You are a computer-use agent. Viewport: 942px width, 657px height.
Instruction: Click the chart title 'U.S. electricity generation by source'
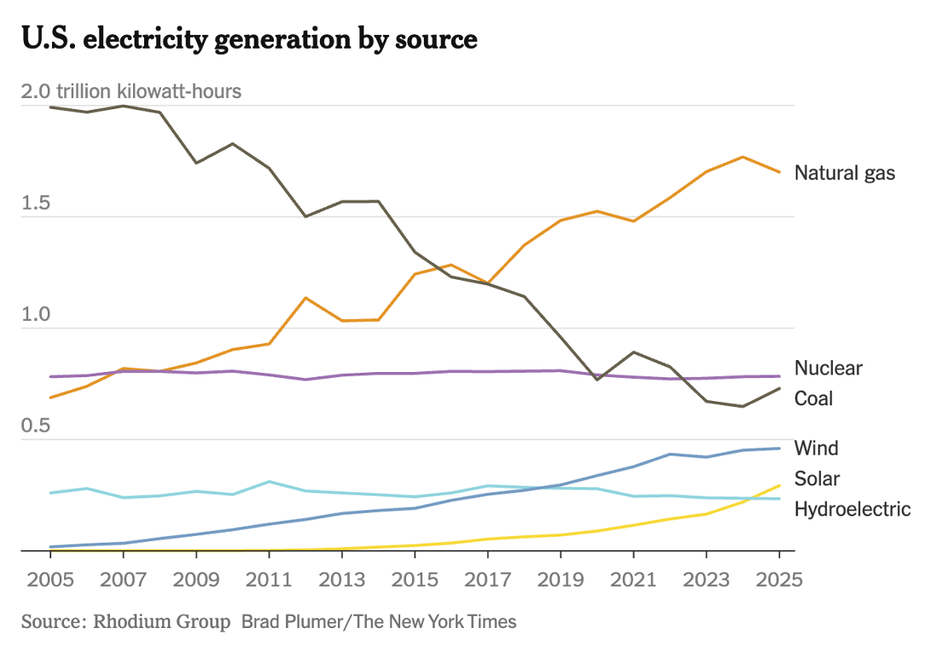tap(249, 39)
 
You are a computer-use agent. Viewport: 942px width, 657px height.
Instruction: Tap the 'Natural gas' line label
tap(845, 173)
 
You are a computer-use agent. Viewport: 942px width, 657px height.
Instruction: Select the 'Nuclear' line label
tap(828, 369)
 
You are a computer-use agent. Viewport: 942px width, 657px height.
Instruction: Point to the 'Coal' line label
tap(813, 398)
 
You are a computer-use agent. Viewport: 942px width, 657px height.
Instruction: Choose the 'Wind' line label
tap(816, 448)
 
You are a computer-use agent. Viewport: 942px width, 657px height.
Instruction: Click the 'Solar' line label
tap(817, 478)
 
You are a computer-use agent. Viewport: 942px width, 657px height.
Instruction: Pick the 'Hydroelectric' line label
tap(852, 509)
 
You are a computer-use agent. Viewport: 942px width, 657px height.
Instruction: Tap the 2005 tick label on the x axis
tap(50, 581)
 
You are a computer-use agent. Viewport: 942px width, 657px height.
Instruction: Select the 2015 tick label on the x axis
tap(415, 581)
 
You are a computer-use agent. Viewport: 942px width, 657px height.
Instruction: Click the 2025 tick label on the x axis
tap(780, 581)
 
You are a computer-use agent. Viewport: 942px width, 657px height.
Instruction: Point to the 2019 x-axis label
tap(561, 581)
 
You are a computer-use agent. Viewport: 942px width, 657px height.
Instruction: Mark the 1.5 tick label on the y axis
tap(37, 205)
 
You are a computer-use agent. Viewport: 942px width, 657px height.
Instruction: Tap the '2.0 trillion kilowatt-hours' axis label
tap(131, 91)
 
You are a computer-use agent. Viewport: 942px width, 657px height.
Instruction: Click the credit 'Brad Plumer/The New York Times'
tap(379, 621)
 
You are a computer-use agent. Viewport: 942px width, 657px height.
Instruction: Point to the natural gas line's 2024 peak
tap(743, 157)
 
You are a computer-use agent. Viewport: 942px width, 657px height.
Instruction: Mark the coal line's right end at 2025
tap(779, 388)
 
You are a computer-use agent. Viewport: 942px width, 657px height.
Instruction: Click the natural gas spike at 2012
tap(305, 298)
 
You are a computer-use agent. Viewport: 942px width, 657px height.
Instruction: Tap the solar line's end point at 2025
tap(779, 485)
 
